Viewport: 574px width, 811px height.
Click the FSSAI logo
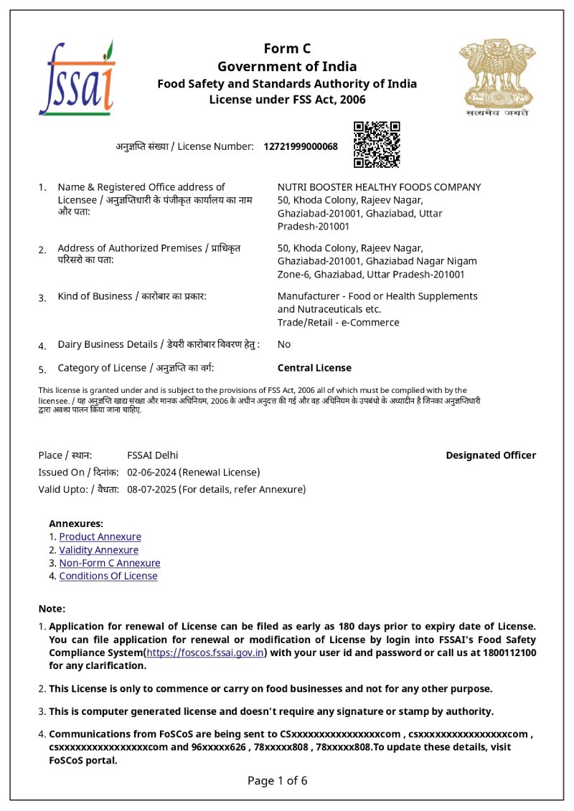coord(77,78)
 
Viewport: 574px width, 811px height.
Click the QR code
coord(377,145)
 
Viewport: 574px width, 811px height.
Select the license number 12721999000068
coord(301,147)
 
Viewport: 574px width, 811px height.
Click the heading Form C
coord(287,49)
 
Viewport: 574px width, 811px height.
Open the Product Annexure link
coord(100,537)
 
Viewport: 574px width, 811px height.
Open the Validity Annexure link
coord(98,550)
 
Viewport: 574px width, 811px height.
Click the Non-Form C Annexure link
coord(110,563)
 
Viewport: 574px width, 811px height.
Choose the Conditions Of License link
coord(108,576)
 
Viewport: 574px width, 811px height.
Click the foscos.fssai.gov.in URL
coord(206,653)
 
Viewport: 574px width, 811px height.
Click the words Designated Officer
coord(491,455)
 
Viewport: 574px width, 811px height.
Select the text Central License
coord(314,368)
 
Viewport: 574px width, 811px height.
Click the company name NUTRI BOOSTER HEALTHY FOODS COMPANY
coord(379,187)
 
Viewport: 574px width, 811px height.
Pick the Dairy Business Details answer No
coord(284,344)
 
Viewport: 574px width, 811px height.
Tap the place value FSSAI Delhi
coord(153,455)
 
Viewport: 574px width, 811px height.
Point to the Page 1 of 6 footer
coord(278,781)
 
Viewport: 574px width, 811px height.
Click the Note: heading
coord(52,609)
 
